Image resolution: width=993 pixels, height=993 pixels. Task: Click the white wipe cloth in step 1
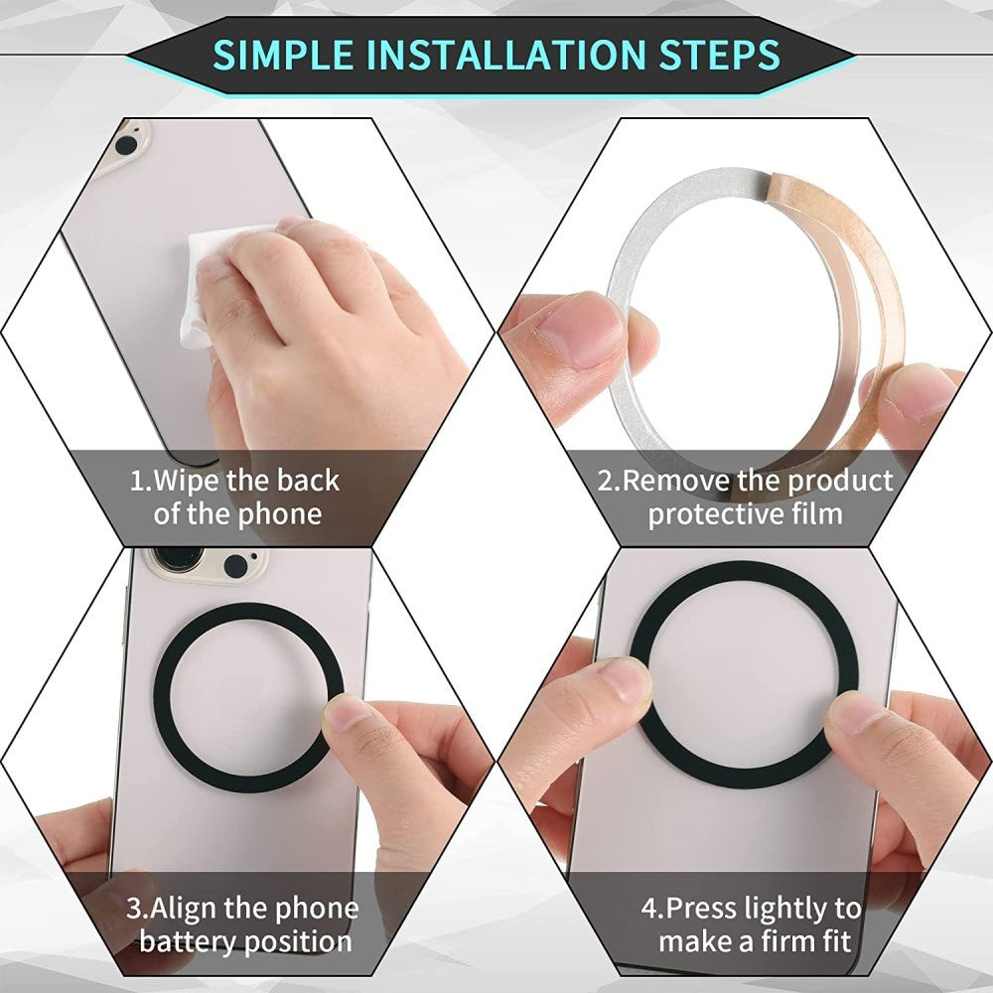click(x=213, y=283)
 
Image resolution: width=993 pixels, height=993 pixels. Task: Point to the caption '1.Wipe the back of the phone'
click(x=234, y=497)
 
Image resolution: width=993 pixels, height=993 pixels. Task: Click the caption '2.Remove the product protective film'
click(x=745, y=497)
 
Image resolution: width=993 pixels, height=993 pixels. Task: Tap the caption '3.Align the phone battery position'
click(x=244, y=924)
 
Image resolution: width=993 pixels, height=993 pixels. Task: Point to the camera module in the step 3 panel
click(x=204, y=563)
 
